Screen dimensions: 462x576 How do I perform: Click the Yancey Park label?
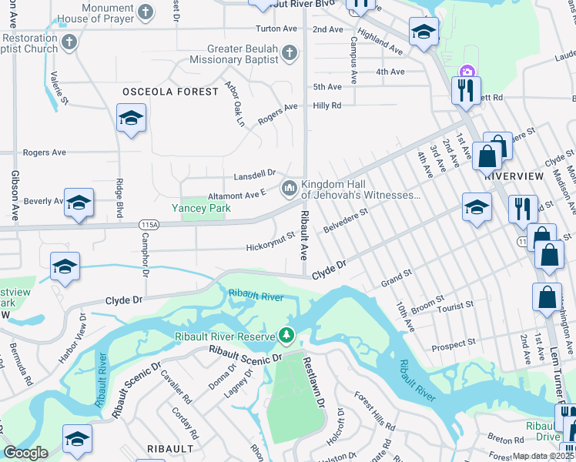[x=201, y=208]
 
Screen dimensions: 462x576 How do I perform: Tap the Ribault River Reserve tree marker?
[x=286, y=335]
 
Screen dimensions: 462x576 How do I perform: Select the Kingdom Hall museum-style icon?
[x=290, y=187]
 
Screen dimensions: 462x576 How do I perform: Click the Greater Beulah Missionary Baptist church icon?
[x=289, y=52]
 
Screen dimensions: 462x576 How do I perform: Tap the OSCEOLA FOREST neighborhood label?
[x=170, y=92]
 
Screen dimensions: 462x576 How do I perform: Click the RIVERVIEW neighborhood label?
[x=515, y=175]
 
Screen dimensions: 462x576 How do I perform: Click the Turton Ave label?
[x=276, y=28]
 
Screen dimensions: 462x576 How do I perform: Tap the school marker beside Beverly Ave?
[x=79, y=203]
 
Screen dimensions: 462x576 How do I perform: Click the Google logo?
[x=25, y=453]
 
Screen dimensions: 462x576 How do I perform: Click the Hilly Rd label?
[x=327, y=105]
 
